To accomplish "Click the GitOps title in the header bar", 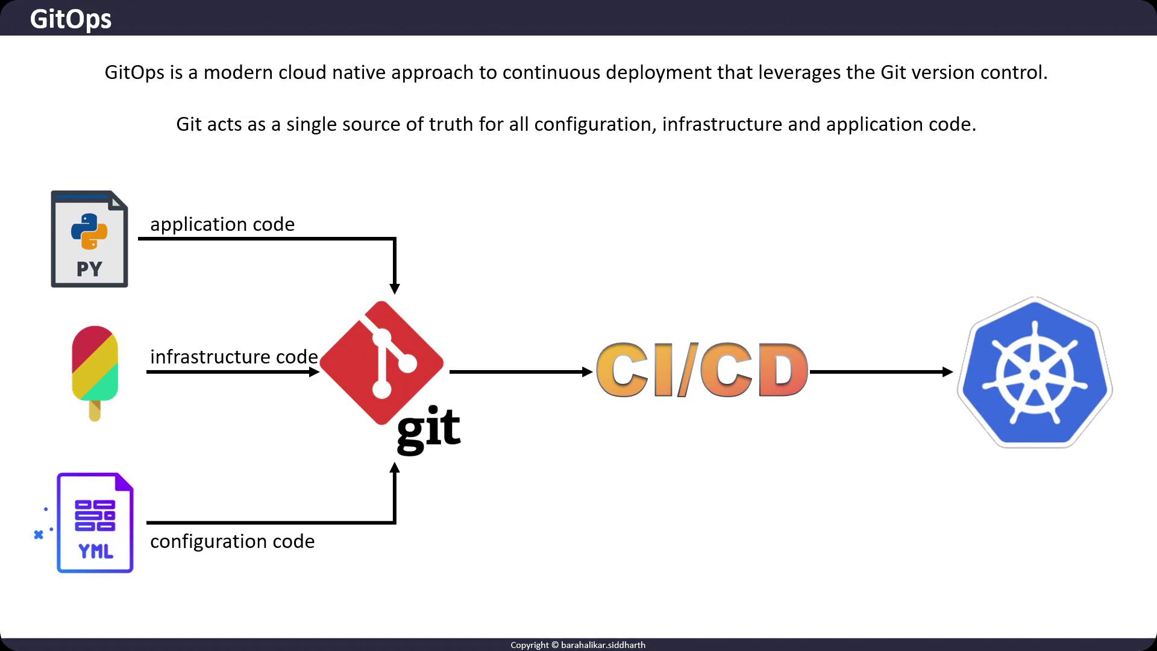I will pos(71,19).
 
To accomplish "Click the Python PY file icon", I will pos(89,239).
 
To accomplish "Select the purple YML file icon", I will pos(95,523).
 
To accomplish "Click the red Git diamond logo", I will pos(381,363).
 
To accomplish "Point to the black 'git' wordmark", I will pos(428,429).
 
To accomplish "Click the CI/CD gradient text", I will pos(702,370).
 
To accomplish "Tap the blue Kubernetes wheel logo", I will pos(1035,373).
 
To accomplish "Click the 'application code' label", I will pos(222,224).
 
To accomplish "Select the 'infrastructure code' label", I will pos(234,357).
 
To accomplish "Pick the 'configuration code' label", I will pos(232,541).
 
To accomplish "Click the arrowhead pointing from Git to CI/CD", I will pos(587,372).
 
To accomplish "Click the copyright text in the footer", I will pos(578,645).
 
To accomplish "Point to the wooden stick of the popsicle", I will pos(95,411).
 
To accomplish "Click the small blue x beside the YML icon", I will pos(39,535).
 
